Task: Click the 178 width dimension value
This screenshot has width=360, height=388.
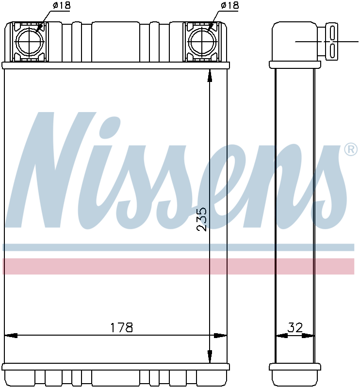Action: coord(121,327)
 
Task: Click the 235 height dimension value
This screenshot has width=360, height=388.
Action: coord(201,219)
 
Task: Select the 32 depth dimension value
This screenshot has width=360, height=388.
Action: coord(295,327)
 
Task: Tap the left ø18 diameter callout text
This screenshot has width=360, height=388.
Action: coord(62,5)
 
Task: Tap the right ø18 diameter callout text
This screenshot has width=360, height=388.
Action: coord(230,5)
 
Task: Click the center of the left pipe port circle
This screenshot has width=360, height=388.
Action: coord(30,42)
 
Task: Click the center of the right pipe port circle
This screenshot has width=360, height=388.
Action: coord(202,42)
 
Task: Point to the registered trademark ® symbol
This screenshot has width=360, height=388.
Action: coord(351,150)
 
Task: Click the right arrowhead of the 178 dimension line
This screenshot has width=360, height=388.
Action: coord(220,336)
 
